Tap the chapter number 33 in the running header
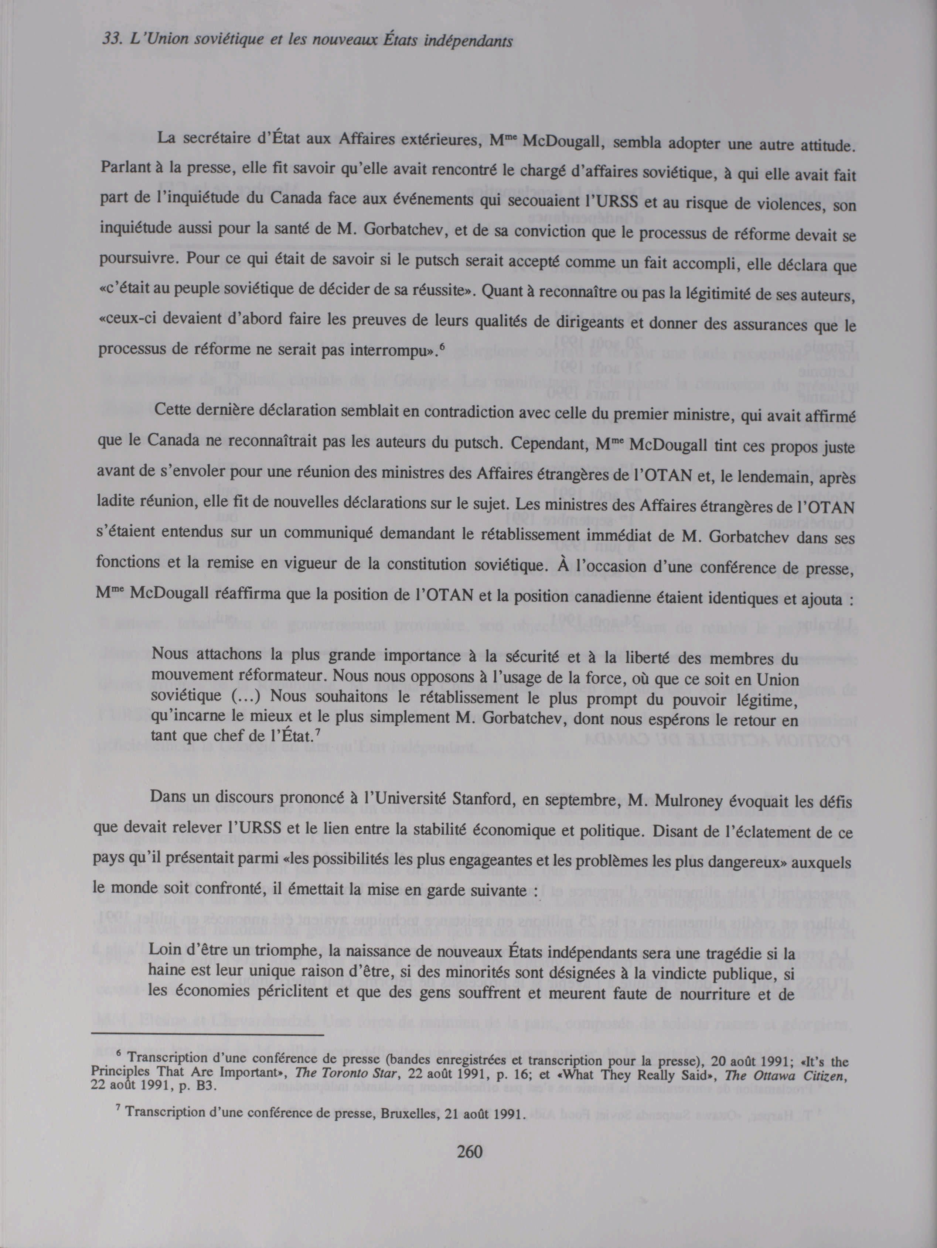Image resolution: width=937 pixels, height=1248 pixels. tap(109, 41)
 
